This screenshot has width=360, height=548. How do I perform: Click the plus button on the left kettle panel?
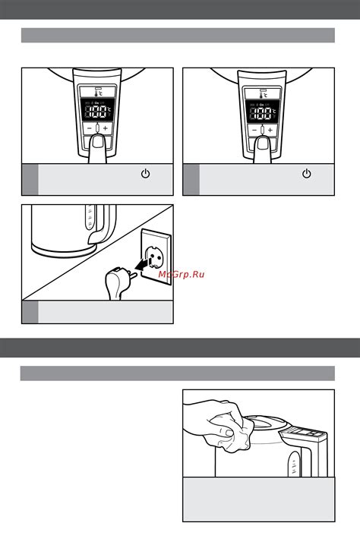[x=106, y=130]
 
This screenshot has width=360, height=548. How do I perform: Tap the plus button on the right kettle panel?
[x=270, y=130]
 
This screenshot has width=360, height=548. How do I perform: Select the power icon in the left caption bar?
[x=145, y=175]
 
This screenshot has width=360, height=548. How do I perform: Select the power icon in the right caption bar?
[x=307, y=175]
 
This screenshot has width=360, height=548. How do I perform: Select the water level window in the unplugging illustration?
[x=89, y=221]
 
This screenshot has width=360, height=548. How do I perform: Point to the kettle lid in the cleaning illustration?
[x=262, y=422]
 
